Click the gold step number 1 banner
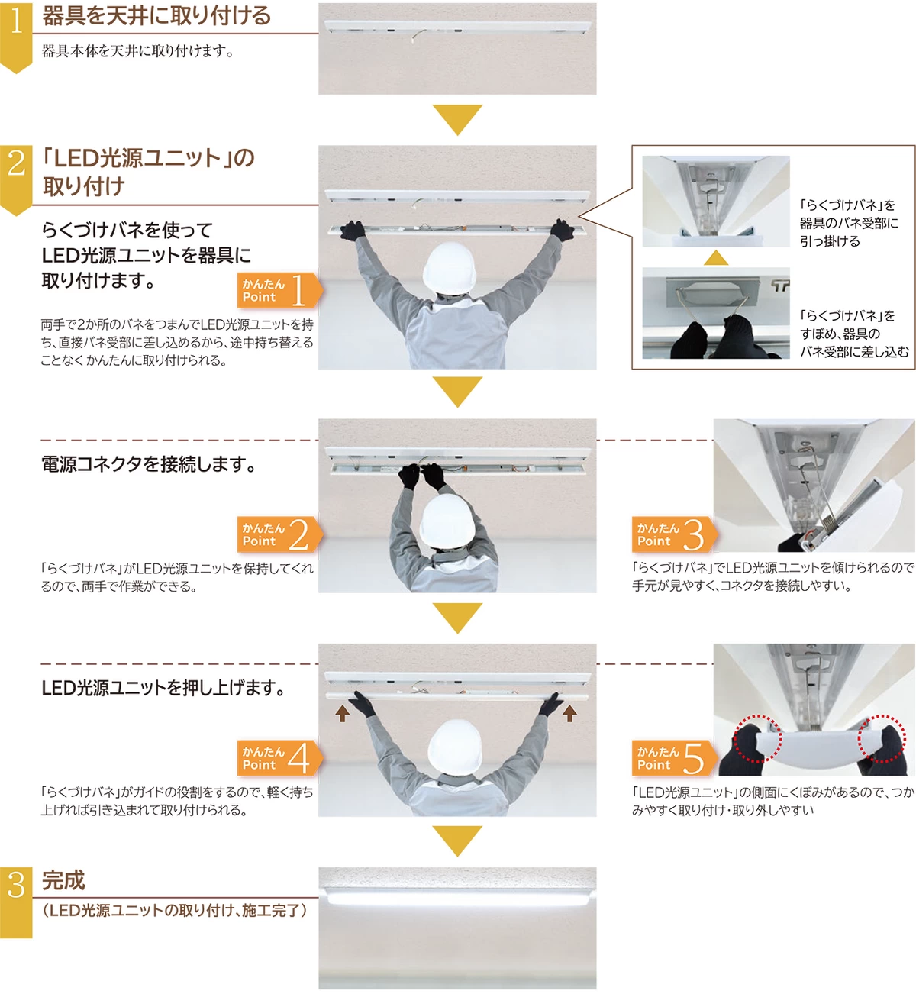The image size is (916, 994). pyautogui.click(x=16, y=34)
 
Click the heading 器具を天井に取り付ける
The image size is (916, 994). pyautogui.click(x=156, y=16)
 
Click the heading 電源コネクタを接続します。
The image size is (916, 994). pyautogui.click(x=149, y=464)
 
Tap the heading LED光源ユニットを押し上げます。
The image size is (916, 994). pyautogui.click(x=163, y=688)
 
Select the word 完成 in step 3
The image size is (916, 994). pyautogui.click(x=63, y=880)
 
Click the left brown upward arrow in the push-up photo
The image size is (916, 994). pyautogui.click(x=343, y=713)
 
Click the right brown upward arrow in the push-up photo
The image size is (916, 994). pyautogui.click(x=569, y=713)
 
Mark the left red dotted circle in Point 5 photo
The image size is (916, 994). pyautogui.click(x=756, y=738)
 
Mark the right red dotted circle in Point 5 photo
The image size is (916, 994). pyautogui.click(x=882, y=738)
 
